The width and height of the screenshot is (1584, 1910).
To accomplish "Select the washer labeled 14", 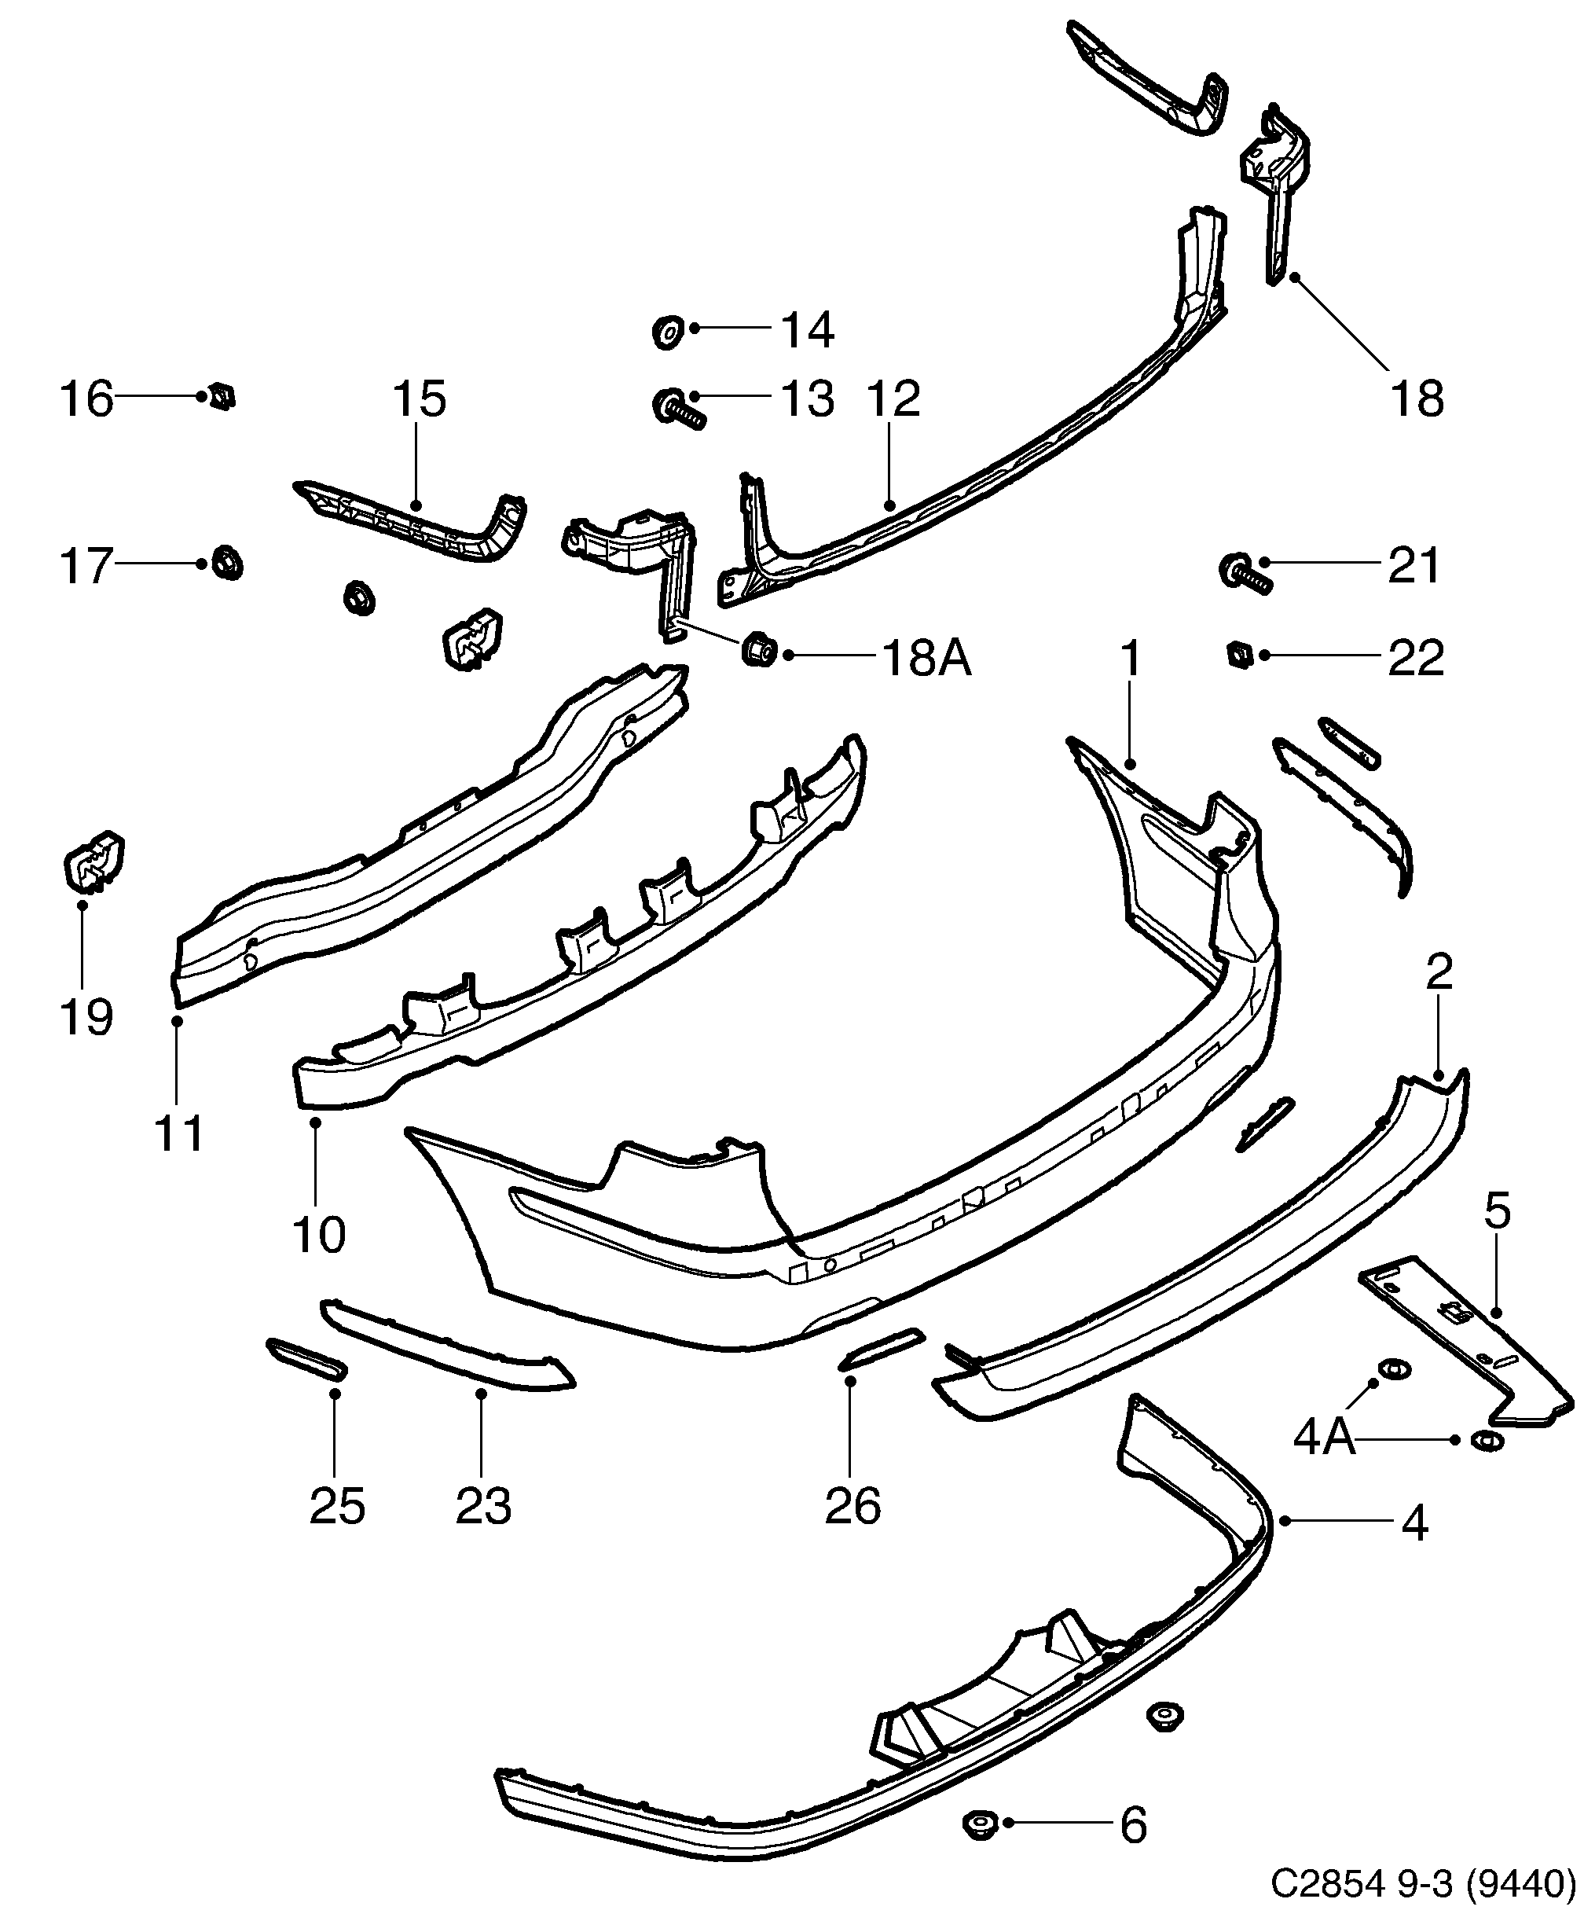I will (669, 331).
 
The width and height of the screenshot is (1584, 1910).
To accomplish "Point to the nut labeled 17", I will (226, 563).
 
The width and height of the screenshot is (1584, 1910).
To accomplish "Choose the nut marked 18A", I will (758, 649).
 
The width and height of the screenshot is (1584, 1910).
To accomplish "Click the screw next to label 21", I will (1244, 573).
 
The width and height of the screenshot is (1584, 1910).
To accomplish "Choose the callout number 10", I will (318, 1235).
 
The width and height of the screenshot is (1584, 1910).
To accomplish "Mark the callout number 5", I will (1497, 1210).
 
